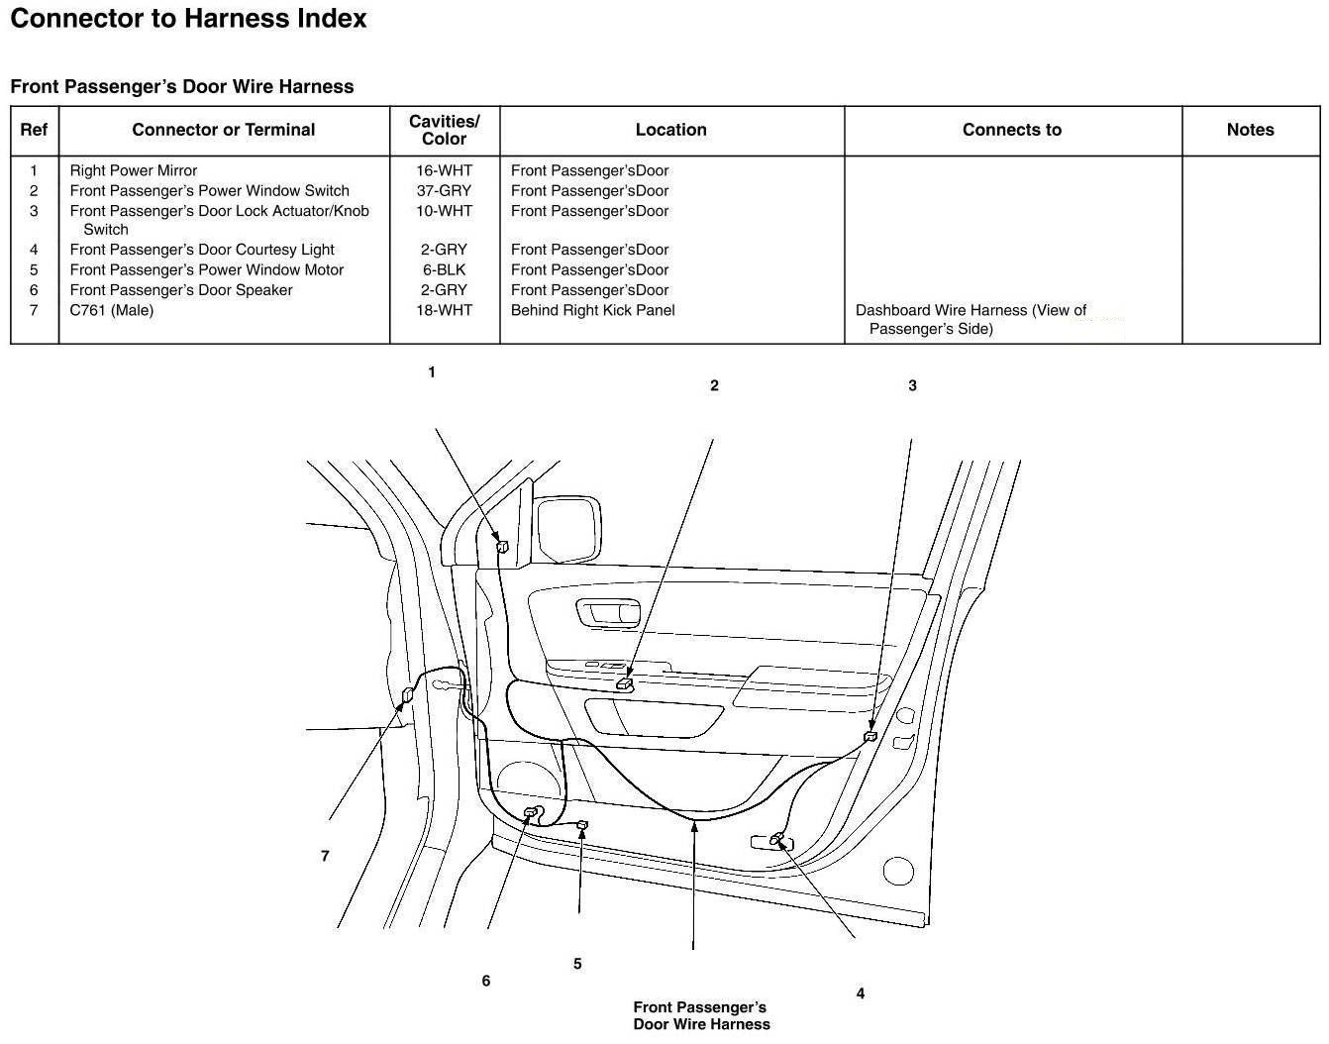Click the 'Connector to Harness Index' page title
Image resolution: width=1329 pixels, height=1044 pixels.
pos(188,19)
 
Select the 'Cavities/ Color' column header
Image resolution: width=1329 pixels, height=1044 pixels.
pos(444,130)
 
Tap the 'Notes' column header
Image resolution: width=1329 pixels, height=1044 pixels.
pos(1250,130)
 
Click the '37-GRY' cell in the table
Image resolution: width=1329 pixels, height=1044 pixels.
pos(444,191)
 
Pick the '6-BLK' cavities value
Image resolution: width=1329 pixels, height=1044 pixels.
pos(444,269)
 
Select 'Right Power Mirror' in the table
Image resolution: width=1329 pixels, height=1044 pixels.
pos(134,170)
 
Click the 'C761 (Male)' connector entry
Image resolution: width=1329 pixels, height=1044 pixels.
pos(111,310)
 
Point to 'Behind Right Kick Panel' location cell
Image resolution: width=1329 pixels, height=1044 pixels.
pos(592,310)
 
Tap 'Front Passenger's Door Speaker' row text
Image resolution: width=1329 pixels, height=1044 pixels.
pos(181,290)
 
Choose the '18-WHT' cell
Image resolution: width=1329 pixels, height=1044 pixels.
pos(444,310)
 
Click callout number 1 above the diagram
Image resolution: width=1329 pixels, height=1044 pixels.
pos(432,371)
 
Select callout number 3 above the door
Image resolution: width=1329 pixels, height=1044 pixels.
pos(912,385)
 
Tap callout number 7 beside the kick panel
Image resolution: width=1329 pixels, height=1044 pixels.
pos(325,856)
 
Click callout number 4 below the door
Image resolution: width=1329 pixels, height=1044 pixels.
pos(861,993)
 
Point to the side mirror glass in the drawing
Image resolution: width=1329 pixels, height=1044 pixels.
pos(567,528)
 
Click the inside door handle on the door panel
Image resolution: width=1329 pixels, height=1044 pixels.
pos(608,613)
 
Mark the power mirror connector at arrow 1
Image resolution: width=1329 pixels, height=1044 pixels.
pos(502,546)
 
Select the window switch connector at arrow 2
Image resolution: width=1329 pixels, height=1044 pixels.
pos(625,684)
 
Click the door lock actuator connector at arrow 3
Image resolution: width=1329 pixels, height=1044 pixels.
pos(870,736)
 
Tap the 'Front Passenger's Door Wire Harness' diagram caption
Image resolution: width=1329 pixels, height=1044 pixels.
pos(701,1015)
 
